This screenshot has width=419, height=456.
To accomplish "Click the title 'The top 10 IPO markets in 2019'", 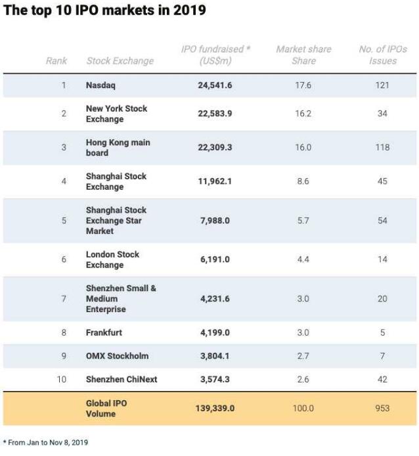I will point(105,11).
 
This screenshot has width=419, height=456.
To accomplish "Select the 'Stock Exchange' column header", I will point(120,61).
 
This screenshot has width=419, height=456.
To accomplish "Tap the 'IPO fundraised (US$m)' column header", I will point(215,55).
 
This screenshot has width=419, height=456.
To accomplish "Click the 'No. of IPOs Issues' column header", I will point(383,55).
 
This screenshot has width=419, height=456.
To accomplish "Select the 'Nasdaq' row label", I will point(102,85).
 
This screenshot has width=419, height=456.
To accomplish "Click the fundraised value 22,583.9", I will point(215,114).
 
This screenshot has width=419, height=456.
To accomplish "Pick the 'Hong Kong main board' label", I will point(118,147).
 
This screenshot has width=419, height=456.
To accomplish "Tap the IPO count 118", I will point(382,147).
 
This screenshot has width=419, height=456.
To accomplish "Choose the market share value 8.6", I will point(303,181).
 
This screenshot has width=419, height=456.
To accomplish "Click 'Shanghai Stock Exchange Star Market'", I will point(116,220).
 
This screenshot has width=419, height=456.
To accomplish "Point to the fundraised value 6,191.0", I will point(215,260).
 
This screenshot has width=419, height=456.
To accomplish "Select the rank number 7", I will point(64,298).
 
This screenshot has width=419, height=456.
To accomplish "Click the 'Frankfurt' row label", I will point(104,332).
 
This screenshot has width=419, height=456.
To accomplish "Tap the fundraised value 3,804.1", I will point(215,355).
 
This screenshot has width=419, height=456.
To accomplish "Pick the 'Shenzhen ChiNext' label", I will point(121,379).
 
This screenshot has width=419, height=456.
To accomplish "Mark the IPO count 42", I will point(382,379).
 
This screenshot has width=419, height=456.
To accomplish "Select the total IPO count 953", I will point(382,408).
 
